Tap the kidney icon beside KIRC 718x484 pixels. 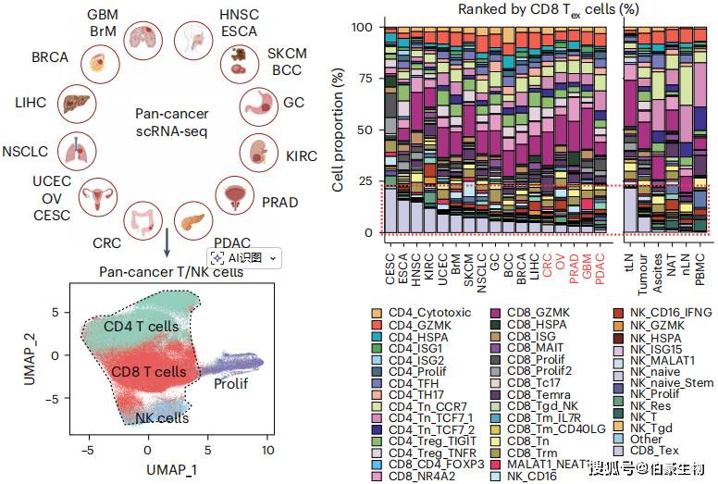259,149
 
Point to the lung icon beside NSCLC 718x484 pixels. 73,150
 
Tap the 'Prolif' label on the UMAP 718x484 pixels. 231,382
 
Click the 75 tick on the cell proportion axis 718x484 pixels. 364,79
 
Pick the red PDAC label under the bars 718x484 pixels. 600,263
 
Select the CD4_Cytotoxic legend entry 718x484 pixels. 428,312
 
